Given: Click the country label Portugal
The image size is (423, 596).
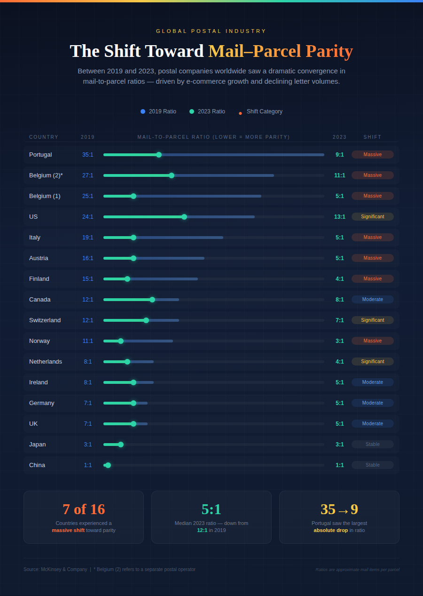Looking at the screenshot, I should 40,155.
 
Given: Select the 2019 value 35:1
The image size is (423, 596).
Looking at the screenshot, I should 88,155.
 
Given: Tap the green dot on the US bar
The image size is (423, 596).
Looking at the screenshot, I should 184,217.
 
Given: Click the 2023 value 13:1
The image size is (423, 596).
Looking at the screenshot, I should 340,217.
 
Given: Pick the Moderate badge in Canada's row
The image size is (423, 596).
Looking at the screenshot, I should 373,300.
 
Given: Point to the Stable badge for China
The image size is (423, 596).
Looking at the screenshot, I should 373,465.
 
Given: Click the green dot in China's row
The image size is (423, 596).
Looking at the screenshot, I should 108,465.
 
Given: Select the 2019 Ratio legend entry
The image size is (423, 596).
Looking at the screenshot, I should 158,111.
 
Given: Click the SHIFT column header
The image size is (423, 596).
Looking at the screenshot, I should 373,137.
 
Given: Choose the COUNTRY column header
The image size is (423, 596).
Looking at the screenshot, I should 44,137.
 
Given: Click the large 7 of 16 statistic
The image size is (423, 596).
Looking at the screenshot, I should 84,509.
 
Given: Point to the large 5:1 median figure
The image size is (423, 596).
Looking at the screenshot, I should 211,509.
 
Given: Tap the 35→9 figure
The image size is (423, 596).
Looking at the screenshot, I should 339,509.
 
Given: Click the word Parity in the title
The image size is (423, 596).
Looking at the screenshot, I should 329,51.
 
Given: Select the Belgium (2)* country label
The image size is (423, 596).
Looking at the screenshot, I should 46,175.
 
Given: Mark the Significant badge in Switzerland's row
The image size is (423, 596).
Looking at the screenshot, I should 373,320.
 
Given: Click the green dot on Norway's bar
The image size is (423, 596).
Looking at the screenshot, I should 121,341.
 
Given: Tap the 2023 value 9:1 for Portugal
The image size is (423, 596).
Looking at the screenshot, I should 340,155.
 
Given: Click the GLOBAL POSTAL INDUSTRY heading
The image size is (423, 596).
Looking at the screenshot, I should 211,31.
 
